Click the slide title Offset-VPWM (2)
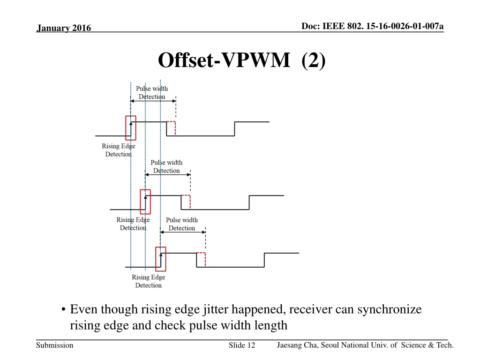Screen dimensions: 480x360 (241, 60)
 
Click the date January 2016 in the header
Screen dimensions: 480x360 (64, 28)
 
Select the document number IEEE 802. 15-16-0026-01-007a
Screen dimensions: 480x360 (383, 26)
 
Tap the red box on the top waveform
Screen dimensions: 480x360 (131, 128)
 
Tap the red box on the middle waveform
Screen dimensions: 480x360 (145, 202)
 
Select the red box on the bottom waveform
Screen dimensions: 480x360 (161, 259)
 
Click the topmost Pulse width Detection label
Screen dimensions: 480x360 (152, 92)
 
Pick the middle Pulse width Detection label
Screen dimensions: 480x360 (166, 166)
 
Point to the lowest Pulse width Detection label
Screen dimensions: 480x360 (182, 224)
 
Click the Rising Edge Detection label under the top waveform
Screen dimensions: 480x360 (119, 150)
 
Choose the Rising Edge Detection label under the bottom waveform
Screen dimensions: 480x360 (149, 281)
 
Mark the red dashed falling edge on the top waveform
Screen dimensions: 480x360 (175, 128)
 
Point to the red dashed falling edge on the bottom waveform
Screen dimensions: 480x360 (205, 260)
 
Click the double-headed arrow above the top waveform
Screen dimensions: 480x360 (153, 101)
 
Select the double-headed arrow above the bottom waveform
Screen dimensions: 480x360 (183, 232)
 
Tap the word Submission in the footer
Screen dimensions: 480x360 (55, 345)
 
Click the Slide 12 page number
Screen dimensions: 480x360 (242, 345)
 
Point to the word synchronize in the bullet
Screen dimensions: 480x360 (390, 309)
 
